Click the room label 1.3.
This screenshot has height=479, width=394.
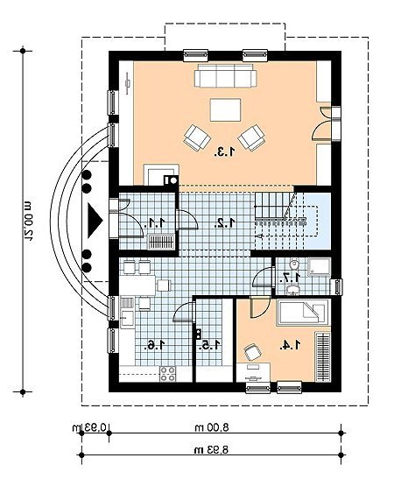[225, 151]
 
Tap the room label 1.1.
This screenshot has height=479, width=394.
[155, 222]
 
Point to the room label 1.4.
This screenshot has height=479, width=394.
[290, 345]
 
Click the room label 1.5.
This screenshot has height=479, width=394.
[209, 345]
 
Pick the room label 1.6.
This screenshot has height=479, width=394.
[155, 345]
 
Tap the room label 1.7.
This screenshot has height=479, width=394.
[292, 278]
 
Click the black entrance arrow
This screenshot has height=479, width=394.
[95, 221]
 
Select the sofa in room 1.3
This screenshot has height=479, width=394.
[226, 75]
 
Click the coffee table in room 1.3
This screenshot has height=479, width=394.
[225, 110]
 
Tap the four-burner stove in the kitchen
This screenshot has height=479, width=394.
[168, 374]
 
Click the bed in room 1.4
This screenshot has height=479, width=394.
[303, 313]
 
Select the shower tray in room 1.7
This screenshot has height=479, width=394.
[319, 268]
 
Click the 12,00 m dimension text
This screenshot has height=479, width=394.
[29, 221]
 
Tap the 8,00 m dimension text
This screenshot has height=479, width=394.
[212, 426]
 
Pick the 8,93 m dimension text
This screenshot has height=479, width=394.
[212, 449]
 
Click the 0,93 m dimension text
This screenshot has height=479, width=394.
[89, 426]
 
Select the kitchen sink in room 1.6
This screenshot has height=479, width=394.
[127, 319]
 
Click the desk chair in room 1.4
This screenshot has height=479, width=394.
[253, 352]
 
